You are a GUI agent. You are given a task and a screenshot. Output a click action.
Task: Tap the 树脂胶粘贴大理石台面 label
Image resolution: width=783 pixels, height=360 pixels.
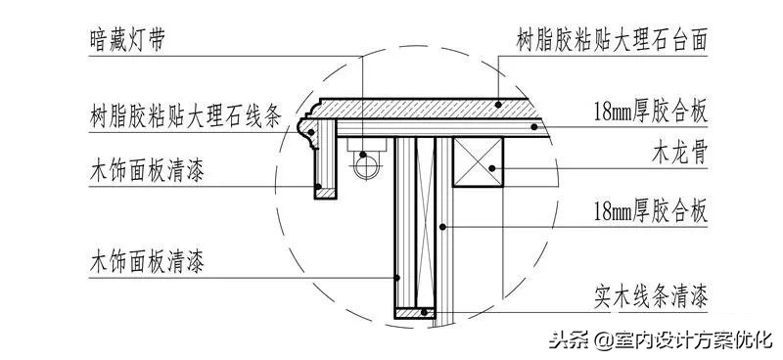point(612,42)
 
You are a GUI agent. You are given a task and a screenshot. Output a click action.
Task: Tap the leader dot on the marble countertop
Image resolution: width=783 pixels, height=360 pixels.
point(497,104)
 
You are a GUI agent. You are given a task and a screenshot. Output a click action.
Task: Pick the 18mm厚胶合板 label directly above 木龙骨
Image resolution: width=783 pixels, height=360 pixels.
point(650,111)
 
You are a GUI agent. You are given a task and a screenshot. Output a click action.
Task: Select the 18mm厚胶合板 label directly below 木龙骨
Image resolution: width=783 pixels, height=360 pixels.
point(650,210)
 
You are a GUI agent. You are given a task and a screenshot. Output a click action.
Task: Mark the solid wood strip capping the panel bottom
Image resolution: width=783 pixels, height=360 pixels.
point(414,312)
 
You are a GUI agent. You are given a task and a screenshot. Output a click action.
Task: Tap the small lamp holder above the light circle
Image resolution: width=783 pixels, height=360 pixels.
point(363,144)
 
